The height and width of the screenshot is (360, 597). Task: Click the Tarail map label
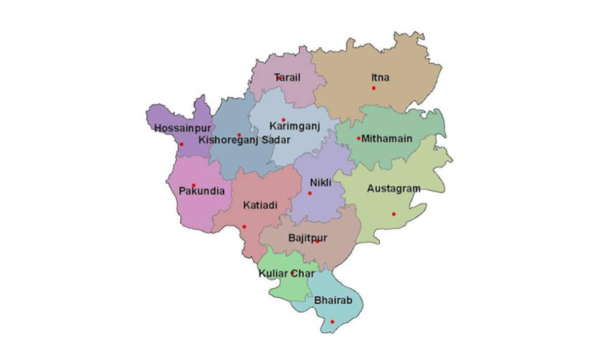click(288, 77)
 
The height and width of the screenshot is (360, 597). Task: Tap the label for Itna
click(380, 77)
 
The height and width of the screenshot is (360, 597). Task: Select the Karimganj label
click(292, 125)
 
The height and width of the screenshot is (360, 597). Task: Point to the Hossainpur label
click(181, 128)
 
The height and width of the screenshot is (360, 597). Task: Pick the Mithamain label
click(387, 139)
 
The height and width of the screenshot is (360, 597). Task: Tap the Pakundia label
click(201, 191)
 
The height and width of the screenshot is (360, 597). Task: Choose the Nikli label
click(321, 182)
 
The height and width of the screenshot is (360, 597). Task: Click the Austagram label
click(393, 188)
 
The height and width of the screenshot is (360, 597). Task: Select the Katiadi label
click(260, 205)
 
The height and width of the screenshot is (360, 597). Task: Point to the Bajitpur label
click(308, 238)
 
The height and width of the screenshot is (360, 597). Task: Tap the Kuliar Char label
click(286, 273)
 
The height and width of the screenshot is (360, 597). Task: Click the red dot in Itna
click(374, 88)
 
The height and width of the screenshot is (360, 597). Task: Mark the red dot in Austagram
click(394, 214)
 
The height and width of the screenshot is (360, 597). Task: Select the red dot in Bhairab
click(332, 322)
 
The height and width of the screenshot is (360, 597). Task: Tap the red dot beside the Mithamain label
click(358, 139)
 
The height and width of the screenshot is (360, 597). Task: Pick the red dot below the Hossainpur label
click(181, 145)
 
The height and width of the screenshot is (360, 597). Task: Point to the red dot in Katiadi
click(244, 227)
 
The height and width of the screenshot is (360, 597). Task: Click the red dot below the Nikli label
click(310, 193)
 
